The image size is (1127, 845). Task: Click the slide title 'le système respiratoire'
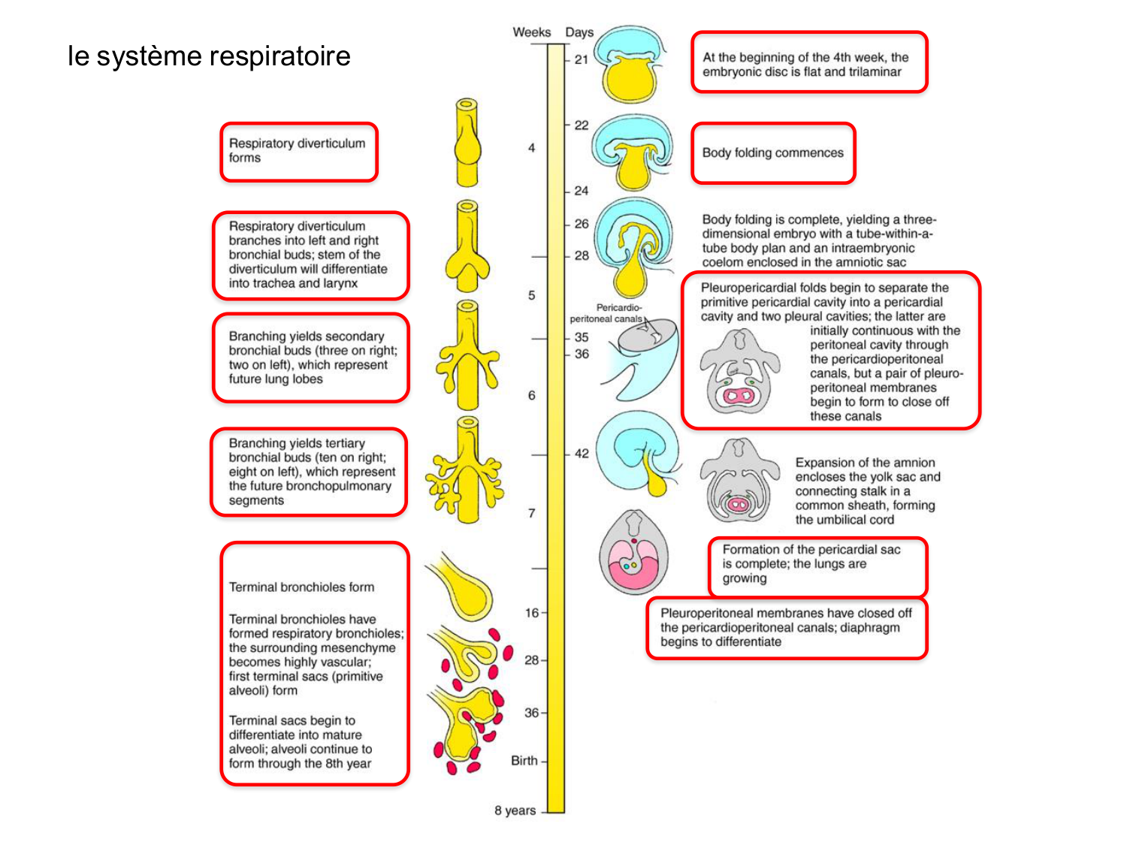tap(209, 56)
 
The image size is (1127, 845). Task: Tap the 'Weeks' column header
tap(531, 32)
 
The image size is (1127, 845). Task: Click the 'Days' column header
tap(579, 32)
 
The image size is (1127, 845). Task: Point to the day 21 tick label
tap(582, 59)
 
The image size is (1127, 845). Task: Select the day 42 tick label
tap(582, 454)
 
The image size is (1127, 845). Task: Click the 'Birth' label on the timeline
tap(524, 761)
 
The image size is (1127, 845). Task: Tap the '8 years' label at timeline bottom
tap(515, 810)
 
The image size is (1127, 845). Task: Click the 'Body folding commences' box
tap(772, 153)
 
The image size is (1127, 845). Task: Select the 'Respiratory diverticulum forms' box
tap(298, 152)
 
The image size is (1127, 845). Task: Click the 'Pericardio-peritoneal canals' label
tap(607, 313)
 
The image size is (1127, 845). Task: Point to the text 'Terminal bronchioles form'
tap(301, 587)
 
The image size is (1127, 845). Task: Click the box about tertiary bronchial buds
tap(309, 472)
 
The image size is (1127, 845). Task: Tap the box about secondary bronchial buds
tap(310, 358)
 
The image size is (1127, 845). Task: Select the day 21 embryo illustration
tap(629, 66)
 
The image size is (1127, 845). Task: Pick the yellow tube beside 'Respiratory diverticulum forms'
tap(467, 143)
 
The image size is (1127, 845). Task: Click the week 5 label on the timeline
tap(531, 295)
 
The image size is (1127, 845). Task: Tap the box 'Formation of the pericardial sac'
tap(817, 565)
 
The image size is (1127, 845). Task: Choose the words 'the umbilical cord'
tap(844, 520)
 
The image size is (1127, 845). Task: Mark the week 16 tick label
tap(531, 613)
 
